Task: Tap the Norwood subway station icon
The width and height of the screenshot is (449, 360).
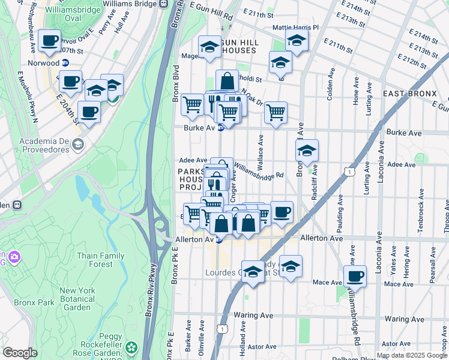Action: (x=65, y=62)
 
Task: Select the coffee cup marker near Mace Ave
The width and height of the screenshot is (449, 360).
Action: (x=355, y=276)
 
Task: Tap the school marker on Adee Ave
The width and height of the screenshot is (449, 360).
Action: (x=307, y=151)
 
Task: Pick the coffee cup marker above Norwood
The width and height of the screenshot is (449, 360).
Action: (x=49, y=41)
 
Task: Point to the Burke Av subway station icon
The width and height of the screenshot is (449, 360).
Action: (x=220, y=128)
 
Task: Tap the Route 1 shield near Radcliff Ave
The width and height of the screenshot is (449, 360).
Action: (x=348, y=172)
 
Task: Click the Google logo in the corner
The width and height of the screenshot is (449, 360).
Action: (x=19, y=353)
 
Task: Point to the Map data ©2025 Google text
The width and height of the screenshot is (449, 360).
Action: (x=412, y=355)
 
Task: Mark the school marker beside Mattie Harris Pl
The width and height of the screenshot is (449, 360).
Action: (x=297, y=40)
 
